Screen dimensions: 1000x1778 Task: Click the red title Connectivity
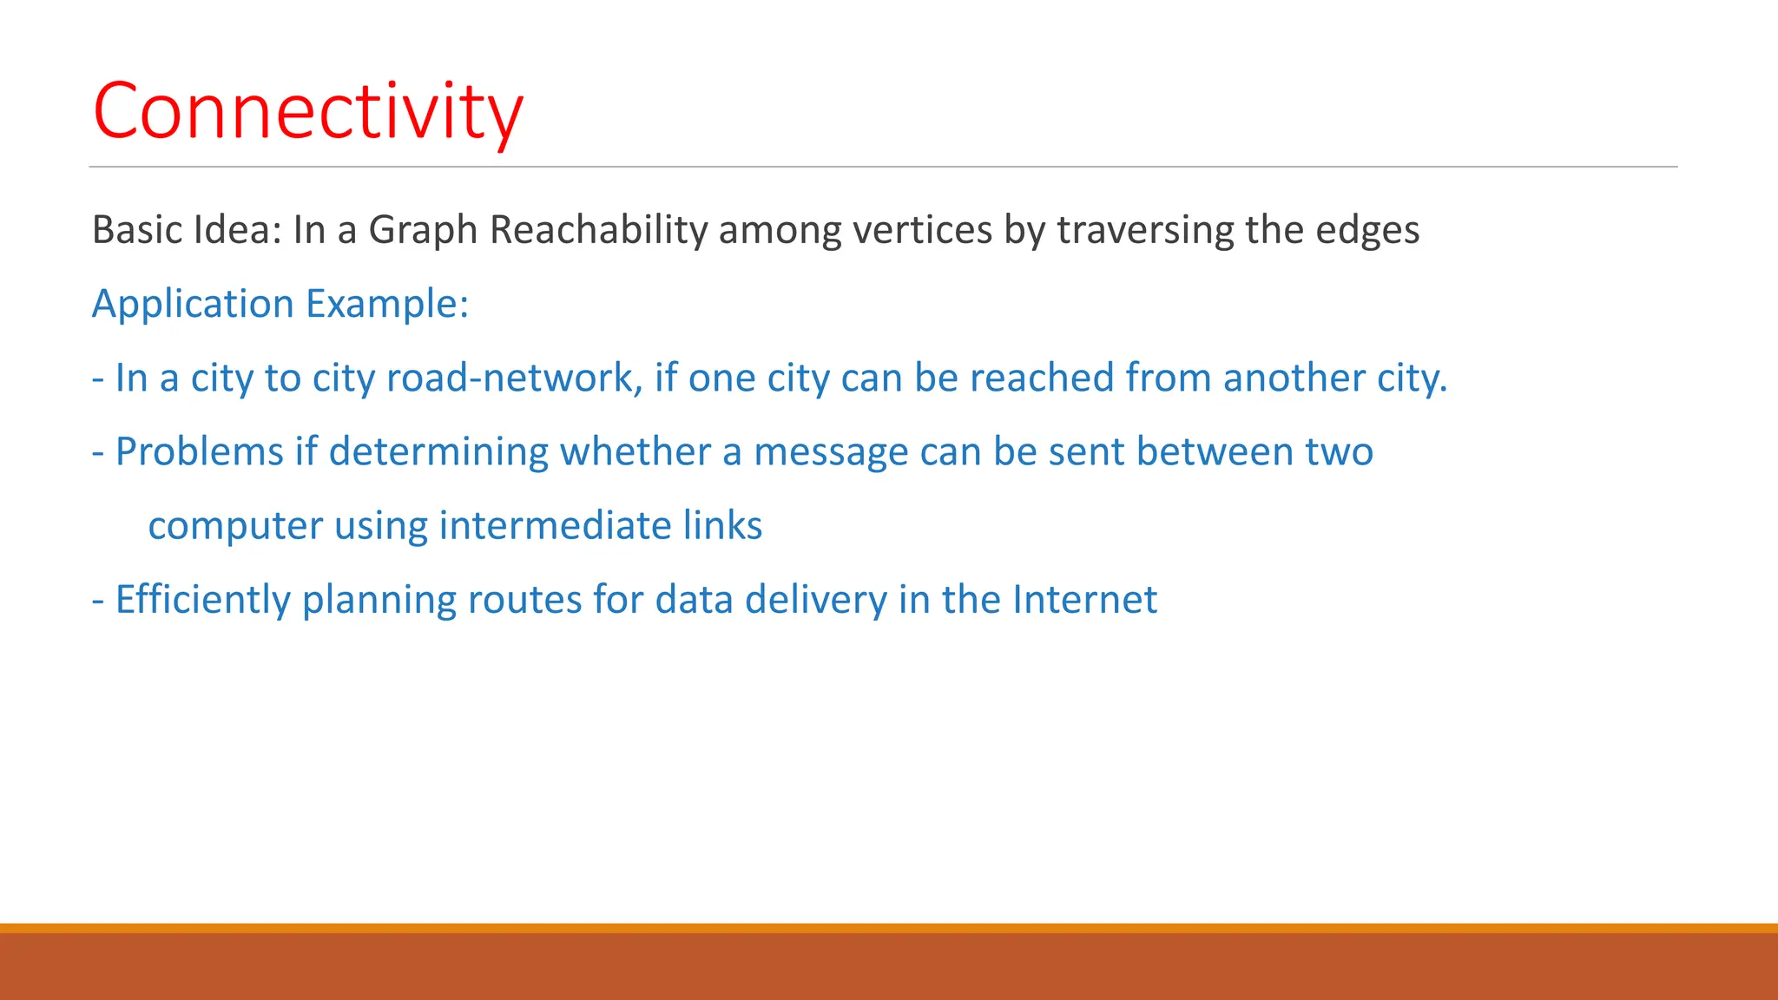308,111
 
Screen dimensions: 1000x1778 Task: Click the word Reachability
599,231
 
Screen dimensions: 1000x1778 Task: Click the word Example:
387,305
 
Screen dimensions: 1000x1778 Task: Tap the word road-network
514,378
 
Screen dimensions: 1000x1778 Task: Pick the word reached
1041,378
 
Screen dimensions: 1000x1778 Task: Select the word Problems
199,452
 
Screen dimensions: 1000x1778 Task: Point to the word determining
438,452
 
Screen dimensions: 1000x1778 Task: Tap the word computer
235,526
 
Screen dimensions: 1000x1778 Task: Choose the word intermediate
555,526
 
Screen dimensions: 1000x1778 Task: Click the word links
722,526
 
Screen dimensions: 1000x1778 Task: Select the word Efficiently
202,600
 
